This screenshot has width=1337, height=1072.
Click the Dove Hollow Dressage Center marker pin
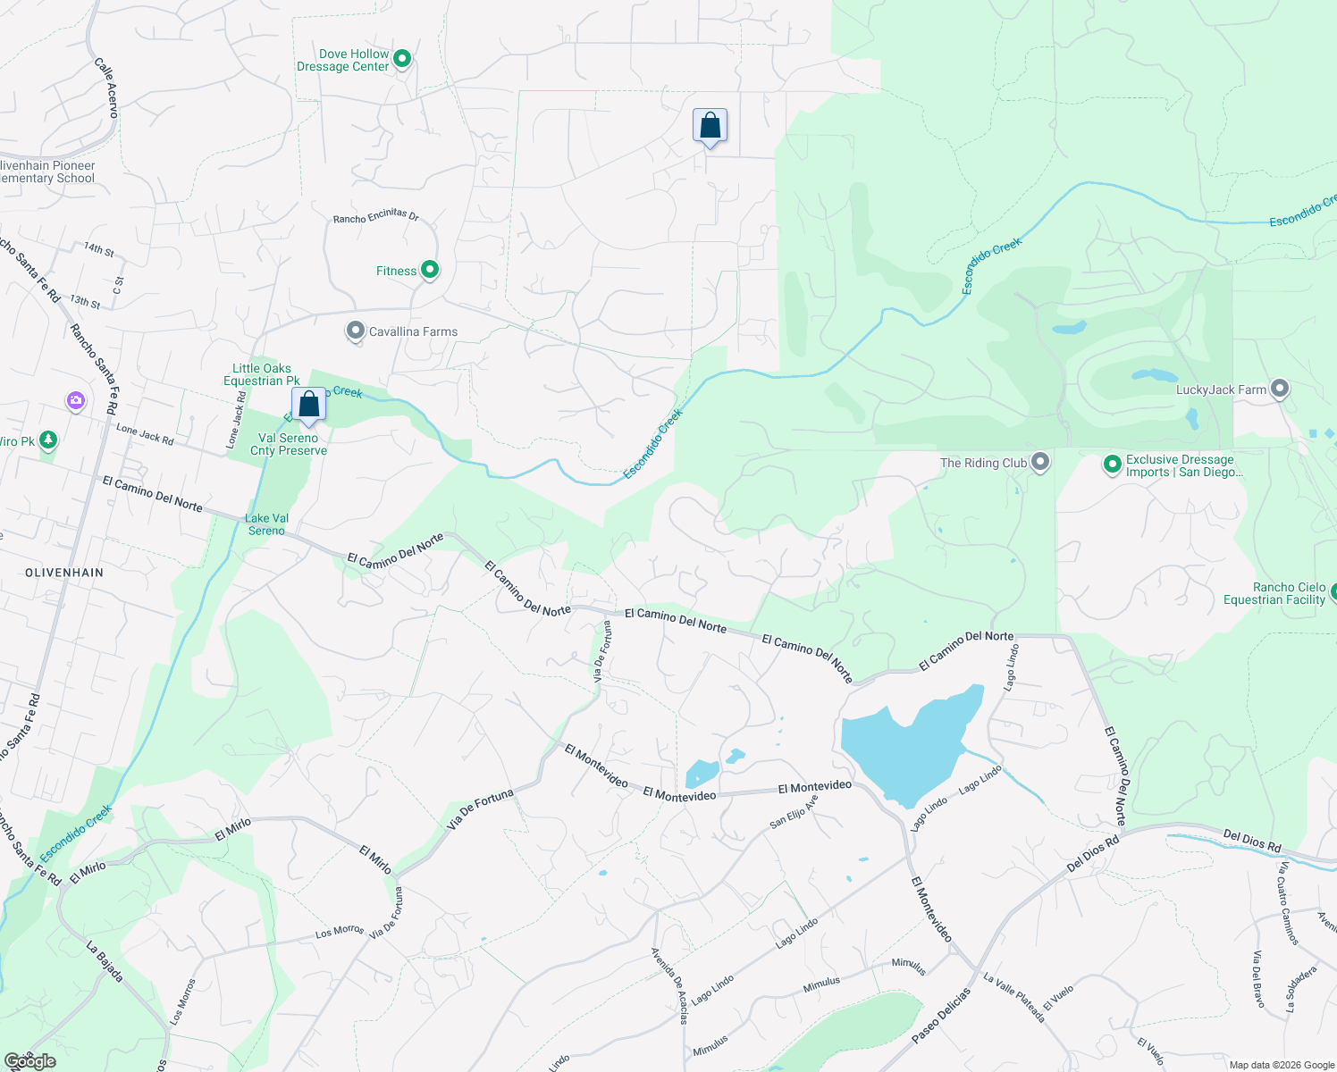(x=402, y=59)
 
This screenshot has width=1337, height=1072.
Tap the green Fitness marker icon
(x=430, y=269)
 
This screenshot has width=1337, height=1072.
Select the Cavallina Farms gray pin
(x=356, y=331)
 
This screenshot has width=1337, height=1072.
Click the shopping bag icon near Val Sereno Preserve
(x=308, y=405)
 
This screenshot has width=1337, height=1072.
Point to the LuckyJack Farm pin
(x=1280, y=389)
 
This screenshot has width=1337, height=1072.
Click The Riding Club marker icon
(x=1040, y=462)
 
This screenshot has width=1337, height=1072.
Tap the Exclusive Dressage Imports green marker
(x=1113, y=464)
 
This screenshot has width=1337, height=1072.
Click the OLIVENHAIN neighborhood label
(x=64, y=573)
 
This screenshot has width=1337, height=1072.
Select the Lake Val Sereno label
(x=266, y=524)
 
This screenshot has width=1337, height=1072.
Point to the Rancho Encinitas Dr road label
(x=375, y=217)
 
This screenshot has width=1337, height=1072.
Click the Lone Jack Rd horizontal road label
(x=145, y=435)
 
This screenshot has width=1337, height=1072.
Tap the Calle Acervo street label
(x=106, y=88)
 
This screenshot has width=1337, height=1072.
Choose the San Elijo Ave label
(x=794, y=811)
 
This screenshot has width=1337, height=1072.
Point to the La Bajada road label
(x=105, y=961)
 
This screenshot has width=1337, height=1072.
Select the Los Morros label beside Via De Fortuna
(x=340, y=932)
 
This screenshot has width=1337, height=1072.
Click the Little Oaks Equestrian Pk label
(x=261, y=374)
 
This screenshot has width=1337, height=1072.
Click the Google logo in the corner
(x=30, y=1061)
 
